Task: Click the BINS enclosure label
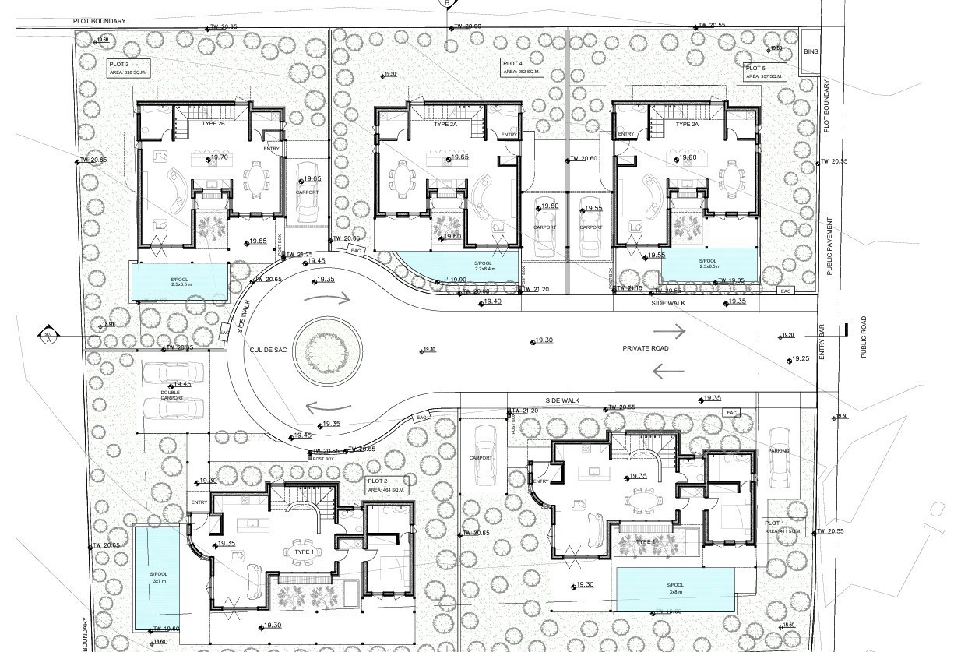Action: pos(810,51)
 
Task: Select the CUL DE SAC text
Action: pos(268,351)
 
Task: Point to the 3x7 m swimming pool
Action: pos(160,577)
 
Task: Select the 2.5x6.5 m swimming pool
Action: pos(178,280)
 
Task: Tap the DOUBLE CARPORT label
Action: pos(171,395)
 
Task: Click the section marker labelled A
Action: pos(48,335)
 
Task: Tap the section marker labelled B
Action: pos(447,4)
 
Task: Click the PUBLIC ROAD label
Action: pos(863,337)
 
